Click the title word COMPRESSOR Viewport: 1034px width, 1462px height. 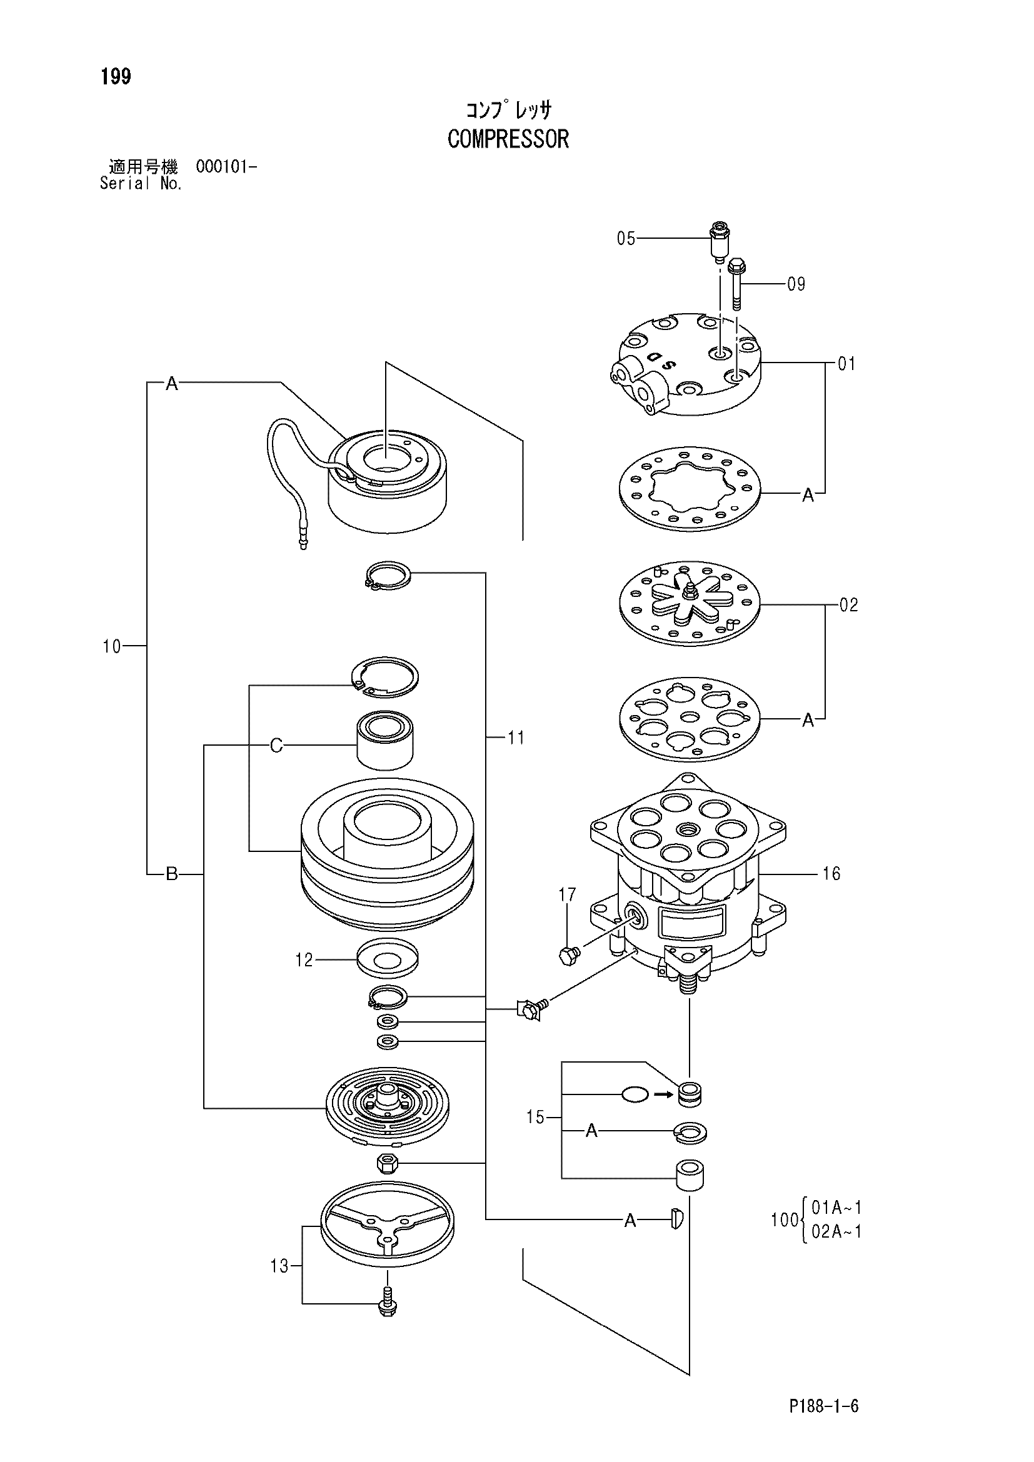pyautogui.click(x=508, y=139)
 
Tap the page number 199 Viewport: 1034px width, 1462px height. pyautogui.click(x=115, y=77)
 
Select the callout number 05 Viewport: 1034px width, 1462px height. pyautogui.click(x=626, y=239)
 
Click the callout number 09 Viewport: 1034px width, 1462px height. pyautogui.click(x=796, y=284)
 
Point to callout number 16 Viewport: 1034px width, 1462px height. pyautogui.click(x=831, y=874)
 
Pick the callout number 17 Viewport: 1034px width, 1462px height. pyautogui.click(x=567, y=895)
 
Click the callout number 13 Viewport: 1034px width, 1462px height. pyautogui.click(x=279, y=1266)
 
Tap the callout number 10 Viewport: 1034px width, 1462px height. pyautogui.click(x=111, y=646)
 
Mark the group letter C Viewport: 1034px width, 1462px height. pyautogui.click(x=276, y=746)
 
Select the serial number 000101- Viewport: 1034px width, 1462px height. pyautogui.click(x=227, y=168)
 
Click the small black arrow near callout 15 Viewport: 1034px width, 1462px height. pyautogui.click(x=663, y=1094)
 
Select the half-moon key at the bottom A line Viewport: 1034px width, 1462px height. pyautogui.click(x=677, y=1219)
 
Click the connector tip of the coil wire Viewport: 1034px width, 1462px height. pyautogui.click(x=303, y=542)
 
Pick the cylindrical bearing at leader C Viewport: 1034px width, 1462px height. pyautogui.click(x=385, y=741)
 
